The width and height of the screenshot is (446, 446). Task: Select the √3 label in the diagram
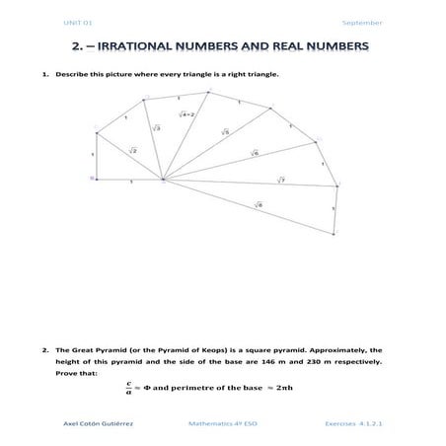point(156,127)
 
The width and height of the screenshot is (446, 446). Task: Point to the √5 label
point(224,132)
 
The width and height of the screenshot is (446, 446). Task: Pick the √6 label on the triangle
point(254,154)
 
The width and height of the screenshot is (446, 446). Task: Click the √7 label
point(280,180)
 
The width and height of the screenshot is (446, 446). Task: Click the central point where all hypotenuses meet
point(163,180)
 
